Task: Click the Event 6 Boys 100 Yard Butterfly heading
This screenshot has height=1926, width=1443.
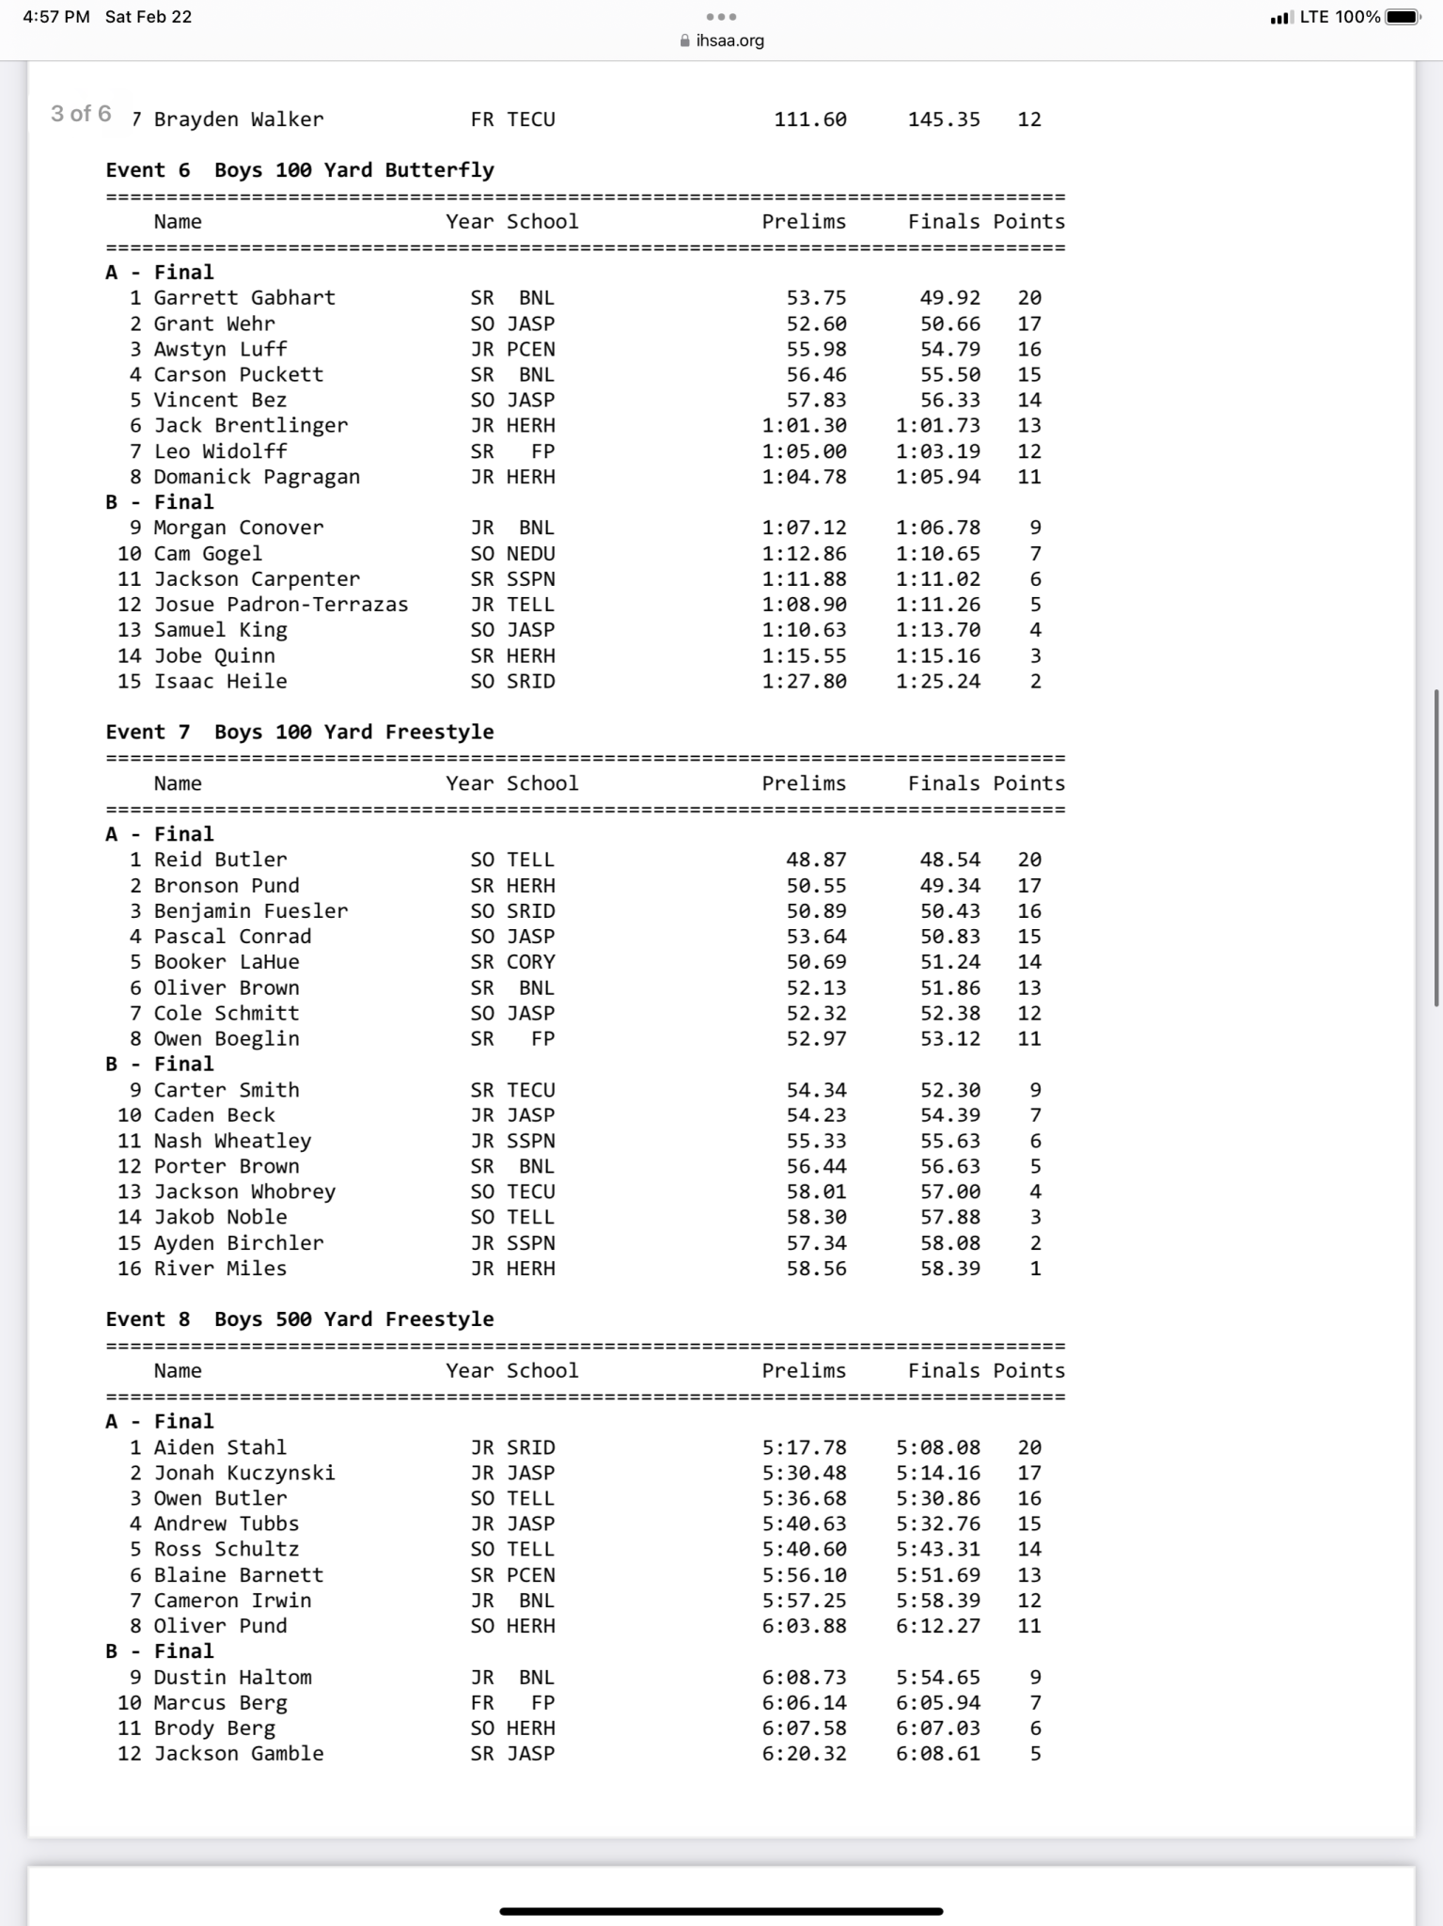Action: pos(300,170)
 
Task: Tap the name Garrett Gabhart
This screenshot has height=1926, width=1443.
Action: pos(244,298)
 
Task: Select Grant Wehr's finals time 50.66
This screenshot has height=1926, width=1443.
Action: pos(949,324)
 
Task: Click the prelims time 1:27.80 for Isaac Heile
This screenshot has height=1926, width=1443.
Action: pos(804,681)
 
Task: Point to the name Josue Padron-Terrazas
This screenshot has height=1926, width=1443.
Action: pos(281,605)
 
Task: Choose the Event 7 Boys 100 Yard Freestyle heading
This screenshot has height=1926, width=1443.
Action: pos(300,732)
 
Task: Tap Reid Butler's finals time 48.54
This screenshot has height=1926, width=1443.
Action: pos(949,860)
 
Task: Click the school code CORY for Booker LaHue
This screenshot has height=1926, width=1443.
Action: pos(531,962)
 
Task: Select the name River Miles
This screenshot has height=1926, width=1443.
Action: pos(220,1269)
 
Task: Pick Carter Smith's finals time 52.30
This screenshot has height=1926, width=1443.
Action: pos(949,1090)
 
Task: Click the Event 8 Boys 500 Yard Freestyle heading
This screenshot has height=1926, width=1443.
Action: pos(300,1319)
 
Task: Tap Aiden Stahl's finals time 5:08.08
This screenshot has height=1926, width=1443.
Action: pos(937,1447)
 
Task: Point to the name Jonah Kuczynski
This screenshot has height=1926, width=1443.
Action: pos(244,1473)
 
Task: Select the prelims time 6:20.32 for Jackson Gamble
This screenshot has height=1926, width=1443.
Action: pos(804,1753)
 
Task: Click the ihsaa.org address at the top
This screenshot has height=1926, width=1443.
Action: pos(729,40)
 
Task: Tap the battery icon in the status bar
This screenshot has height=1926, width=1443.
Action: pos(1402,17)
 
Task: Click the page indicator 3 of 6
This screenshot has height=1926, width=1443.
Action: pos(81,114)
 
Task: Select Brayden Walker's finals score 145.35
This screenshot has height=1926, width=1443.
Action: pos(944,119)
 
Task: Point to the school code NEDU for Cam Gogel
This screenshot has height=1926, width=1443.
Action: pos(531,554)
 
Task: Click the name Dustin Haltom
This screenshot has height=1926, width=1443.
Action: pos(233,1677)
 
